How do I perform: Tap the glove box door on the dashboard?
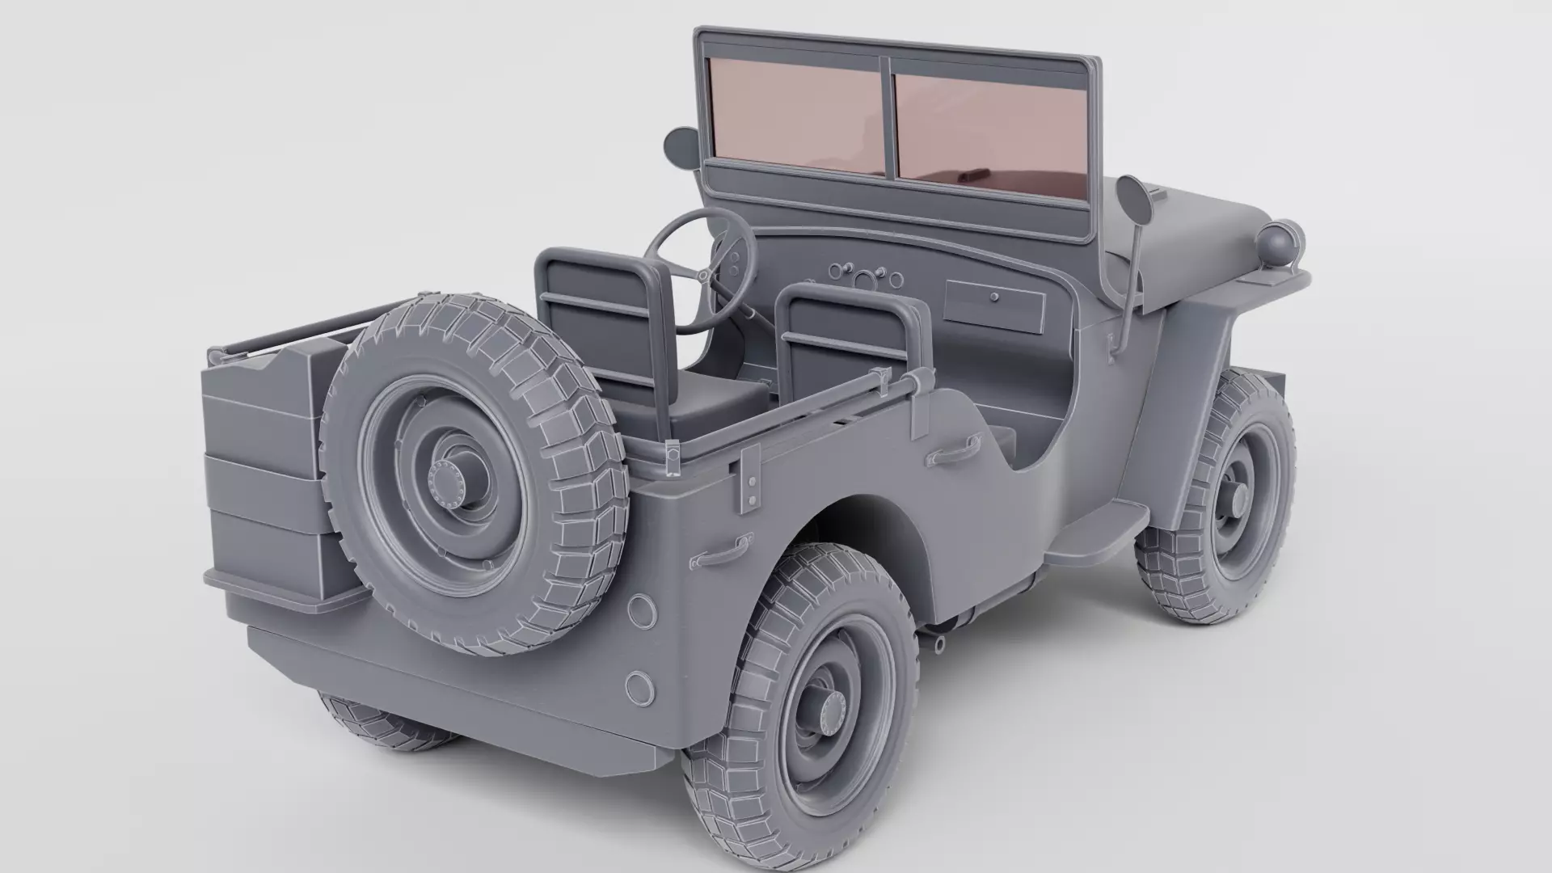tap(994, 306)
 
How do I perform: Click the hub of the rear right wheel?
tap(824, 711)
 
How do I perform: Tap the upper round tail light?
tap(643, 611)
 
